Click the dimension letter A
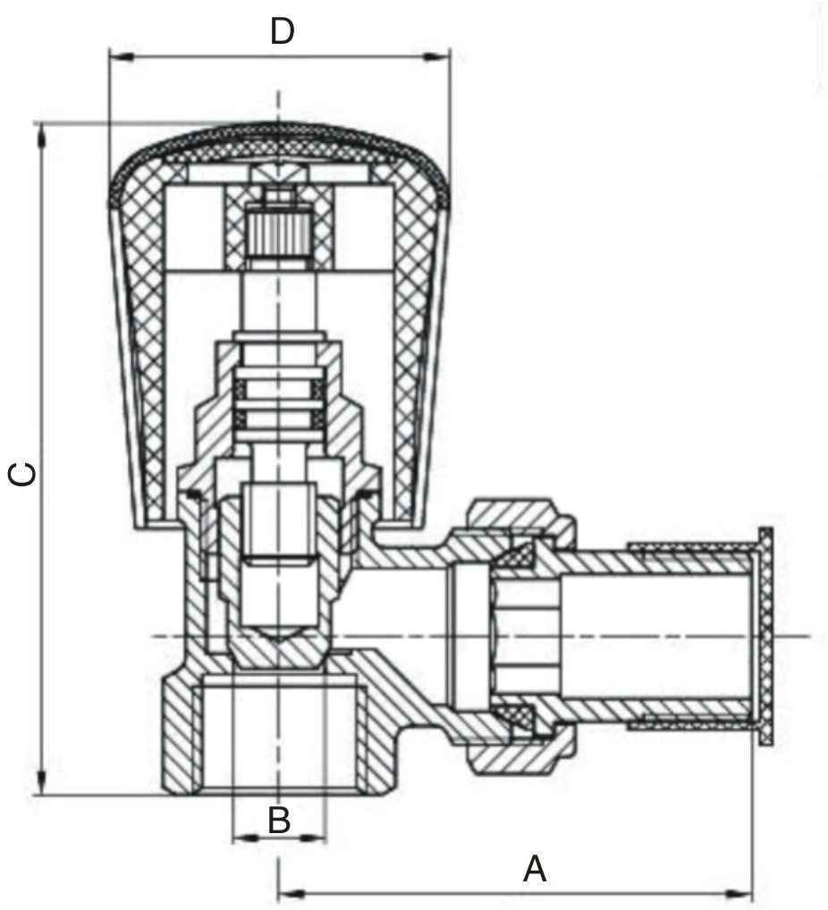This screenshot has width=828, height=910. [534, 868]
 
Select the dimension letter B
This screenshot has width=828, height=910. [279, 820]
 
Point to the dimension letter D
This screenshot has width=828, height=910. [283, 32]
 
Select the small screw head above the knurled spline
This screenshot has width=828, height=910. [278, 197]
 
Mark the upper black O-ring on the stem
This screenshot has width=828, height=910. [278, 389]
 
